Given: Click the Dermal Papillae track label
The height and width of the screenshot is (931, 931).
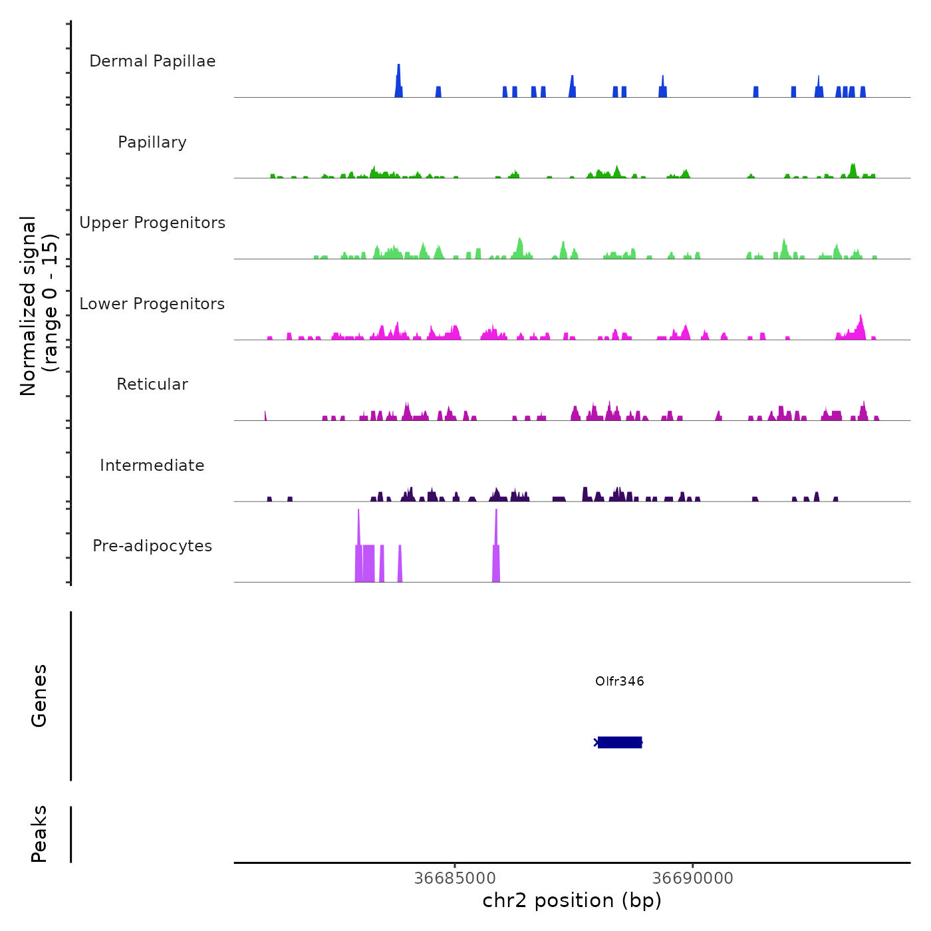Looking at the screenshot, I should (152, 61).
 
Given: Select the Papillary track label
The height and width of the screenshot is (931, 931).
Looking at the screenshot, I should (152, 142).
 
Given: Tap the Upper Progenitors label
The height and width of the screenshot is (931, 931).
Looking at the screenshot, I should (152, 223).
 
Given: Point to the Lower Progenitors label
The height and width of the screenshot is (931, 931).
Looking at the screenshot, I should (152, 304).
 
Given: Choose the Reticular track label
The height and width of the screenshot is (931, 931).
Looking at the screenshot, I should (152, 384).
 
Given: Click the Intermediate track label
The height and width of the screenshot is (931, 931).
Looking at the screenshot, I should (152, 465).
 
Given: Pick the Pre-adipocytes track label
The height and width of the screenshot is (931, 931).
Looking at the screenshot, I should (152, 546).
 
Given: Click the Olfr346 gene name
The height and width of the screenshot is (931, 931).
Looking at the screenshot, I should (620, 681).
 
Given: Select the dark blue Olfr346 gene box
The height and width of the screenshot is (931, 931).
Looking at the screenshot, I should (620, 742).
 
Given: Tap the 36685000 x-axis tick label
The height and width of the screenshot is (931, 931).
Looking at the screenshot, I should (455, 878).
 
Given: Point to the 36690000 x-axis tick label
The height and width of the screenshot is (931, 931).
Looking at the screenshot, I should (693, 878).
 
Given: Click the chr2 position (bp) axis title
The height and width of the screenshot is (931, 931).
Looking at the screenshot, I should (572, 900).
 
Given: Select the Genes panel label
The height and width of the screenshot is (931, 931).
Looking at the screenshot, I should (39, 696).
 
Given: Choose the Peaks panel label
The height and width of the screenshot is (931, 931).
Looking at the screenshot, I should (39, 834).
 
